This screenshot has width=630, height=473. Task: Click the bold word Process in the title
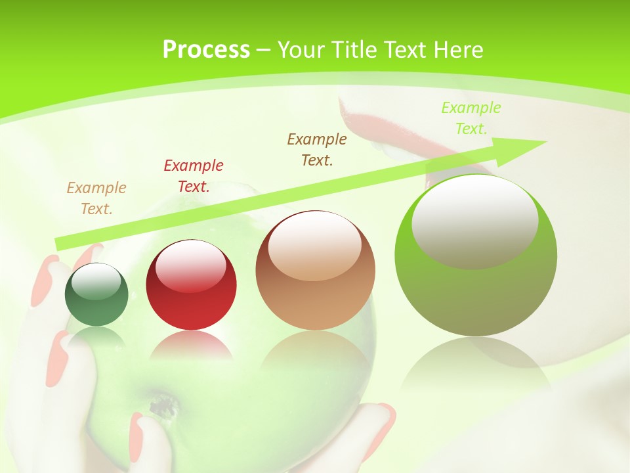click(x=206, y=50)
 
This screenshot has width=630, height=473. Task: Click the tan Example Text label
click(x=96, y=198)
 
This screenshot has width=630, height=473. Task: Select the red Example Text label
click(x=194, y=176)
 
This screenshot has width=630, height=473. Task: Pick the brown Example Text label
click(x=317, y=149)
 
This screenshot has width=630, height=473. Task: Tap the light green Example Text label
click(x=471, y=118)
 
